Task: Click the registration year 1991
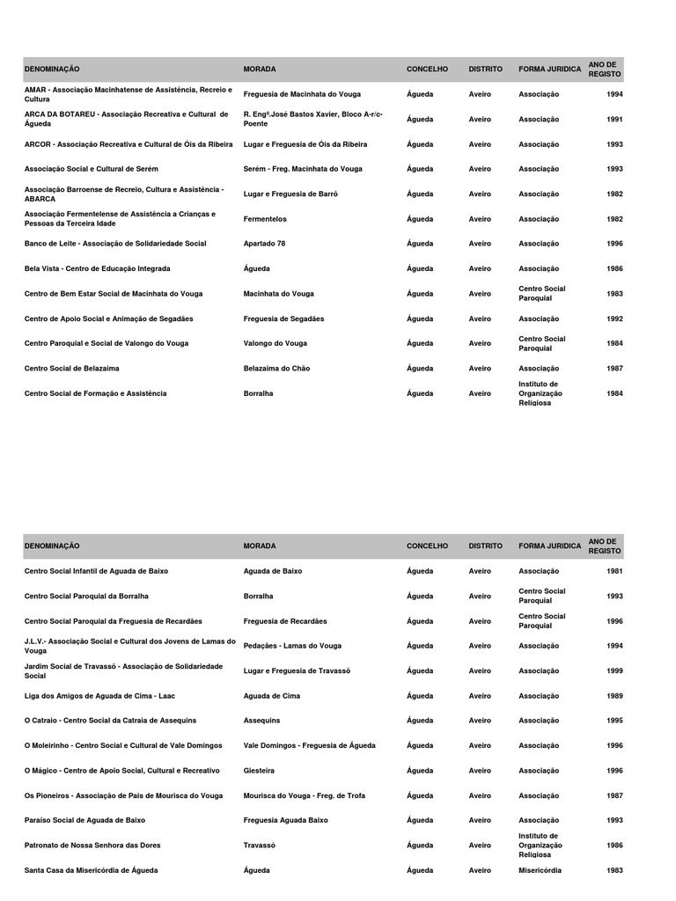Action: tap(614, 119)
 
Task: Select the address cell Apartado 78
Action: tap(264, 244)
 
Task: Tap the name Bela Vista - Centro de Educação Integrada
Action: tap(98, 268)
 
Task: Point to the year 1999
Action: tap(614, 670)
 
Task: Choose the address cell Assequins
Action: tap(261, 721)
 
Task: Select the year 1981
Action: tap(614, 571)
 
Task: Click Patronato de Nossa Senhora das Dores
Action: tap(92, 846)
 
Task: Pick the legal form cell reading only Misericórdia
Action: tap(540, 870)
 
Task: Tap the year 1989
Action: tap(614, 696)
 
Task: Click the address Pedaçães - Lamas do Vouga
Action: tap(292, 646)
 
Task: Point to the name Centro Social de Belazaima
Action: tap(72, 369)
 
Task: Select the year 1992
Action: tap(614, 319)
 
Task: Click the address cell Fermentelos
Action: tap(265, 219)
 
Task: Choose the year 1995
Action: tap(614, 721)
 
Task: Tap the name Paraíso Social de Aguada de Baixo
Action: tap(85, 820)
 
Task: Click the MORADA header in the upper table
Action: tap(260, 69)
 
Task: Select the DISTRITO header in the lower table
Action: tap(486, 546)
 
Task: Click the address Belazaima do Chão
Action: tap(276, 369)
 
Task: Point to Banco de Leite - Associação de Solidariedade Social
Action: tap(115, 244)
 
